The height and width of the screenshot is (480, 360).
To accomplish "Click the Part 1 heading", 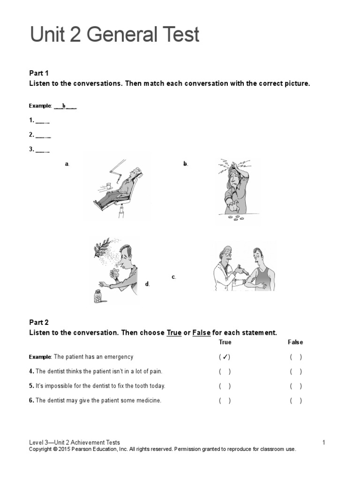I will coord(39,73).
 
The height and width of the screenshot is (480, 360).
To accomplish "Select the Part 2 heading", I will coord(39,322).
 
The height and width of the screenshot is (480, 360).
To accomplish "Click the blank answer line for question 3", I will coord(43,151).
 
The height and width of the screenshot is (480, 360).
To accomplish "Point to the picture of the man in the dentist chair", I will coord(117,187).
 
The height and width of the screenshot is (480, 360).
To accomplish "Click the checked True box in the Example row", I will coord(225,357).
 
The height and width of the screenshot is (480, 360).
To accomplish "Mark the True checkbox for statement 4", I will coord(225,372).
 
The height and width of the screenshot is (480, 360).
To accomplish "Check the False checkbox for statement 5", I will coord(296,386).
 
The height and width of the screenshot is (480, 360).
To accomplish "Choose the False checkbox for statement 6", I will coord(296,401).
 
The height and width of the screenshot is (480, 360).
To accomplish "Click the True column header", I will coord(225,342).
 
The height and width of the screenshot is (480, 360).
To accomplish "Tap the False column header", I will coord(295,342).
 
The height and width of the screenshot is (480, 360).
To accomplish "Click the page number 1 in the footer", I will coord(323,442).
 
